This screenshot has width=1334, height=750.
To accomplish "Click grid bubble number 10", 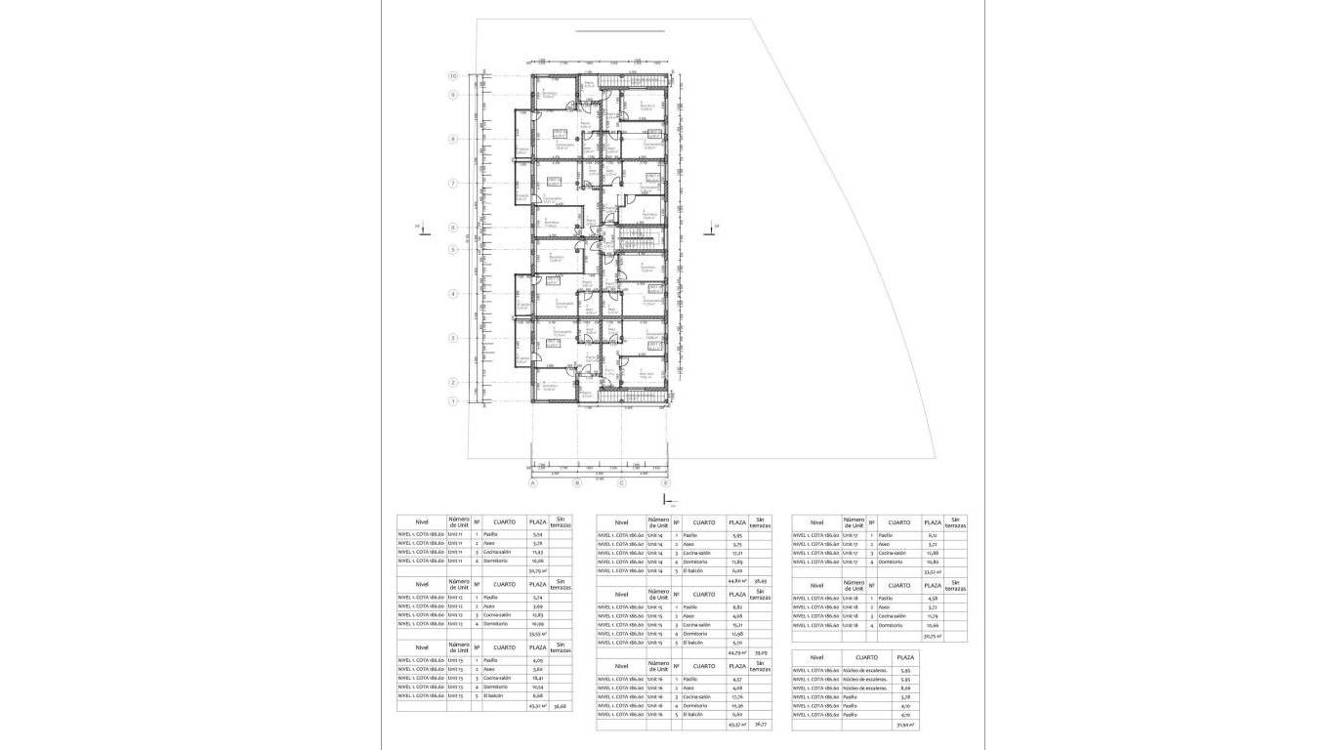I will [x=453, y=76].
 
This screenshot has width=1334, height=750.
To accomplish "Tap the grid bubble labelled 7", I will [x=453, y=184].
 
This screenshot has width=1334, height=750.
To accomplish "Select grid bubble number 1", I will [x=453, y=401].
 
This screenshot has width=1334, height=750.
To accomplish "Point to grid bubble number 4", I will [x=453, y=294].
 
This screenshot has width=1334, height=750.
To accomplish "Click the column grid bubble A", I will [x=533, y=482].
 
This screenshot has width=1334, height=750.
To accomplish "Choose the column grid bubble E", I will [x=666, y=482].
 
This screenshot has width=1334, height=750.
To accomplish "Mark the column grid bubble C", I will [x=621, y=482].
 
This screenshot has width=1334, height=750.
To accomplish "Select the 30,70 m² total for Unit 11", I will [x=537, y=570].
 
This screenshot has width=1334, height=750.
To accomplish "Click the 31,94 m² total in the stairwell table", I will [x=904, y=725].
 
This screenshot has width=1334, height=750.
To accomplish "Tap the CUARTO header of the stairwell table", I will [x=865, y=657].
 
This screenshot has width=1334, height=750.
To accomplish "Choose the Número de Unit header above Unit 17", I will [x=854, y=522].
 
